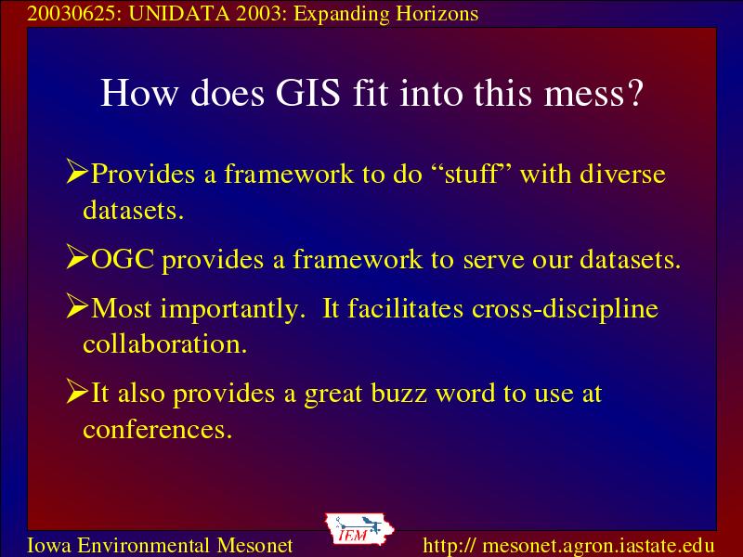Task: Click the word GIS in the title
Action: click(308, 92)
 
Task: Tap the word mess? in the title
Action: click(593, 94)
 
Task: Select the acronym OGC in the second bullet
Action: click(123, 259)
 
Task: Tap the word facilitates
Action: click(405, 308)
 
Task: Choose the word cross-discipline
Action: click(565, 310)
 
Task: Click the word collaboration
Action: click(165, 343)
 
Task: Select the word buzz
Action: click(398, 393)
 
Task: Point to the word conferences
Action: click(157, 430)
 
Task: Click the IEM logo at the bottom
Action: click(358, 529)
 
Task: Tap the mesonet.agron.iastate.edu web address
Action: click(598, 546)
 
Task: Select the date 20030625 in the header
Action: click(72, 14)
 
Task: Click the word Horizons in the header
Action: click(437, 14)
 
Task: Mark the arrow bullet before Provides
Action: click(77, 172)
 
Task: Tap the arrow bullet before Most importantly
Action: click(77, 306)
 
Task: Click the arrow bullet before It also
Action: click(77, 391)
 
